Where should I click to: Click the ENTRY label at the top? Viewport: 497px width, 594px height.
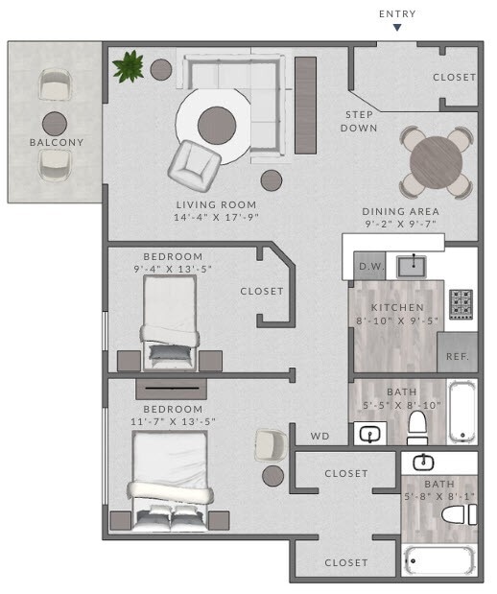pos(397,13)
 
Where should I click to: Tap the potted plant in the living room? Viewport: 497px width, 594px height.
pos(127,66)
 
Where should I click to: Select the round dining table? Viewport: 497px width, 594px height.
pos(436,162)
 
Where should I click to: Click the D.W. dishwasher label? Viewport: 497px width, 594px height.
pos(369,267)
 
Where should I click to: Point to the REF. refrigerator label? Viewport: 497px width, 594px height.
pos(457,356)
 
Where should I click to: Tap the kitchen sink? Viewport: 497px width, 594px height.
pos(414,264)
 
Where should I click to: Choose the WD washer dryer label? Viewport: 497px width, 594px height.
pos(319,437)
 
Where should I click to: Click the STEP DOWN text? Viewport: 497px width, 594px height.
pos(361,121)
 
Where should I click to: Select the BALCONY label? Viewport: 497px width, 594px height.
pos(56,143)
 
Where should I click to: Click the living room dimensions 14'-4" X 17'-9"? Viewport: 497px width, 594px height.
pos(216,218)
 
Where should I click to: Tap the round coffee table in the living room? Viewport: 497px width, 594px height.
pos(217,123)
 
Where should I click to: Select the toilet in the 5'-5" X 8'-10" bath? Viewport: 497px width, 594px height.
pos(418,427)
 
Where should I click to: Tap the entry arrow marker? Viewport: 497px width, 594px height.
pos(397,28)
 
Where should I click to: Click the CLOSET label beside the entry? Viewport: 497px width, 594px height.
pos(454,78)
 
